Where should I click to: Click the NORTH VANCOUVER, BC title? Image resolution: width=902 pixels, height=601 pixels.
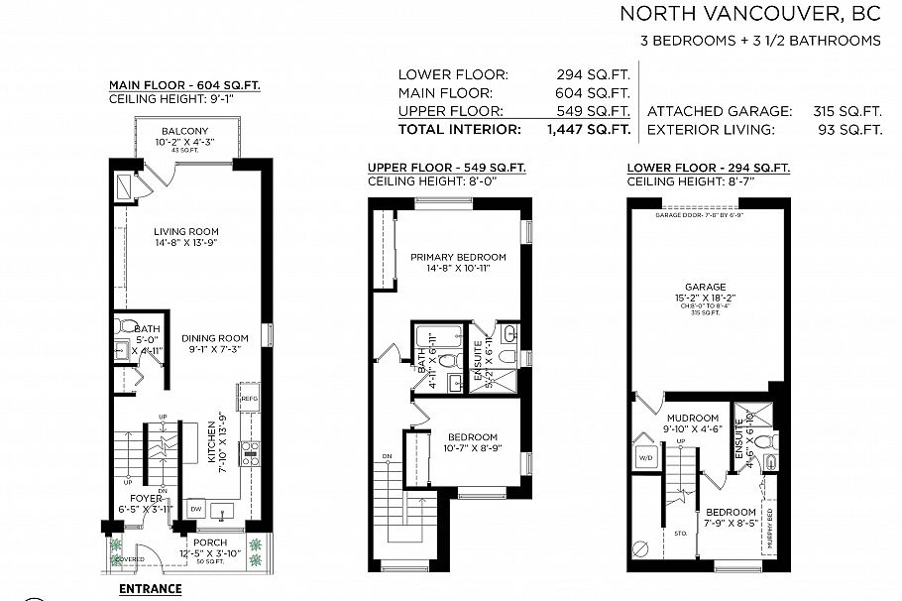tap(750, 14)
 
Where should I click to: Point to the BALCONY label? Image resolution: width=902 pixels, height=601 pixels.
tap(184, 132)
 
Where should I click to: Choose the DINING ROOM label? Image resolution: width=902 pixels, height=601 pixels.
tap(215, 337)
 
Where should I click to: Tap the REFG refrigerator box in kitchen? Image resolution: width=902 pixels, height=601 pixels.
tap(249, 399)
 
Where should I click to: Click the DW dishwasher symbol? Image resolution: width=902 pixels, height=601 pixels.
tap(195, 508)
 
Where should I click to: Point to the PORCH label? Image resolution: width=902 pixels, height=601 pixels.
tap(210, 542)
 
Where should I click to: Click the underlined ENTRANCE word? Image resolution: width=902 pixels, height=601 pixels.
tap(150, 588)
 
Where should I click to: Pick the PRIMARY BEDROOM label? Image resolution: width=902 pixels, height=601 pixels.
tap(458, 257)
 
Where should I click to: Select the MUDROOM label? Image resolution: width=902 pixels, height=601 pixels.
tap(693, 419)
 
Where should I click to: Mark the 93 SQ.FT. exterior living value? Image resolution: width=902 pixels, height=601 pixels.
tap(858, 130)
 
